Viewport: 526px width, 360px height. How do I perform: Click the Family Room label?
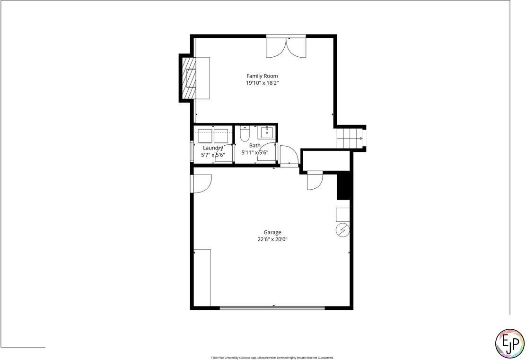[262, 76]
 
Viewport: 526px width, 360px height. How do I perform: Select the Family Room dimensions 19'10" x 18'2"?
[262, 83]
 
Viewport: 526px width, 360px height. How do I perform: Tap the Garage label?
[272, 232]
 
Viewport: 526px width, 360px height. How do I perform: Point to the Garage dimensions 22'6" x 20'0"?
[272, 239]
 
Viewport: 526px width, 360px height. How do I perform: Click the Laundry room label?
[213, 148]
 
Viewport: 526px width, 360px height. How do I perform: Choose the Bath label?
[255, 146]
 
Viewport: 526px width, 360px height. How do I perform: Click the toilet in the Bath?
[245, 134]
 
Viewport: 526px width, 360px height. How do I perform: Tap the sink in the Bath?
[267, 131]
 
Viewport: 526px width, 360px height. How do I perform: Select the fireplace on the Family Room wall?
[191, 78]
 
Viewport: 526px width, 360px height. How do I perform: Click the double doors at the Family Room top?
[286, 46]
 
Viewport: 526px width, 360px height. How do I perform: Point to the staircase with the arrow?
[350, 139]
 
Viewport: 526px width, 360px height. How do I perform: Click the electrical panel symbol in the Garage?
[342, 230]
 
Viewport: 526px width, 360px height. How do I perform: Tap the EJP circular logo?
[509, 342]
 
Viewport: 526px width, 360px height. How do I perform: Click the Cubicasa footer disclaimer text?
[272, 358]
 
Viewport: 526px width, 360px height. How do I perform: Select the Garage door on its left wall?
[201, 184]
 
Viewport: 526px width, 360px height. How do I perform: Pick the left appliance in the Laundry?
[205, 136]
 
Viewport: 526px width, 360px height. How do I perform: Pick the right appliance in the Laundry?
[221, 136]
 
